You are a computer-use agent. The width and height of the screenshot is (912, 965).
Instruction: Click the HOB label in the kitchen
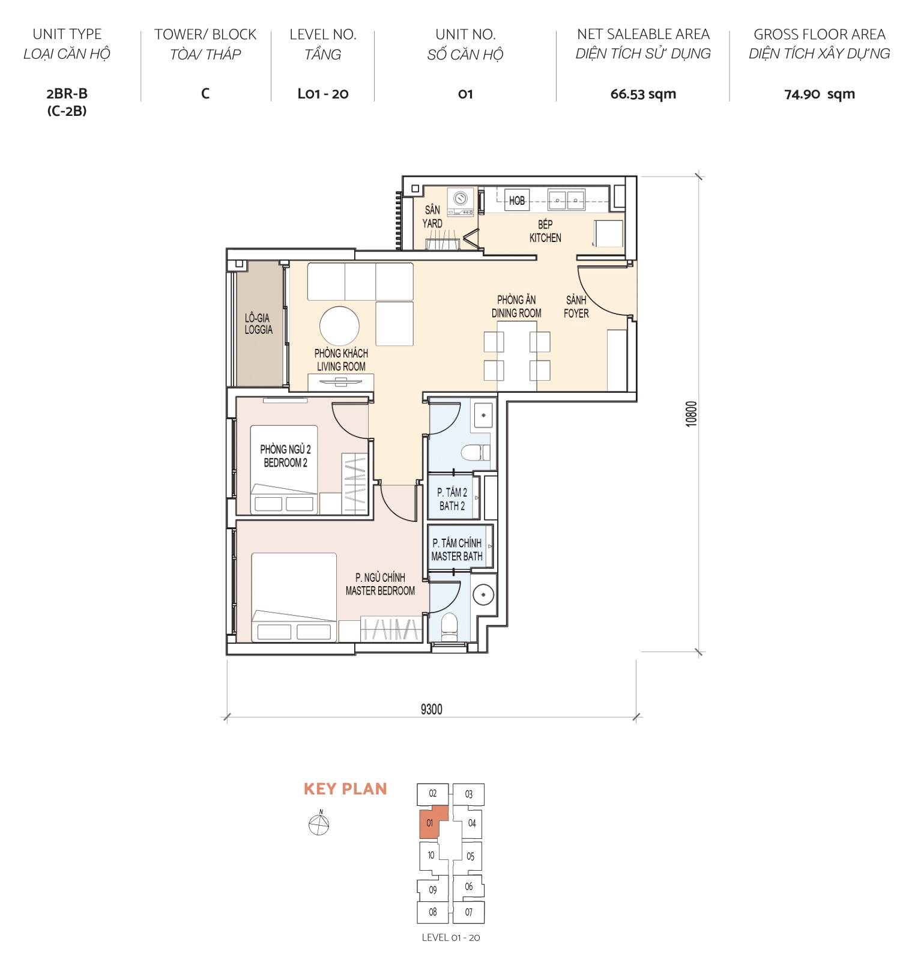516,201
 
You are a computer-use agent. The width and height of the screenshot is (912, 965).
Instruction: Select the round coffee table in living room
339,326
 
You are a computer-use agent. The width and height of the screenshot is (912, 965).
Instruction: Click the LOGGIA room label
258,324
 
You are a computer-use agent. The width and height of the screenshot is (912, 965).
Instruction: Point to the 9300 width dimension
431,709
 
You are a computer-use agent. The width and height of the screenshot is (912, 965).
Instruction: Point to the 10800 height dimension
691,414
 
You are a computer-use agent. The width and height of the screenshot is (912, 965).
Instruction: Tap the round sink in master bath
483,594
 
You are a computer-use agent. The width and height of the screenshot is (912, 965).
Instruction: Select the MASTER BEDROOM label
380,584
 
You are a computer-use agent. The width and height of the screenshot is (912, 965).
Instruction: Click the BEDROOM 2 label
285,456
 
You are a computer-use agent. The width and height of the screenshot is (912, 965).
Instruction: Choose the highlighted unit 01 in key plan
430,823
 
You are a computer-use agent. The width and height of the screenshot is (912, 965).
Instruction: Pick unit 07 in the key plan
468,912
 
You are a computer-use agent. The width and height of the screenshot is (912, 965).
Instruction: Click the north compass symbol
319,825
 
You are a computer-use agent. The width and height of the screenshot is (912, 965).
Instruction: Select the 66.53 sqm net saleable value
643,94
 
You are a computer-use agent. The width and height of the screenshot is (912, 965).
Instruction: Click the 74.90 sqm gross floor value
819,94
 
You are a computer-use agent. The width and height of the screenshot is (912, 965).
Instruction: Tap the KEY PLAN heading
345,789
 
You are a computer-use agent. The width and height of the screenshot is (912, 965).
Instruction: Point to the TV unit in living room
340,382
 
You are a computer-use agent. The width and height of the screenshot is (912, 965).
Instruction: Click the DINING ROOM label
516,306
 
